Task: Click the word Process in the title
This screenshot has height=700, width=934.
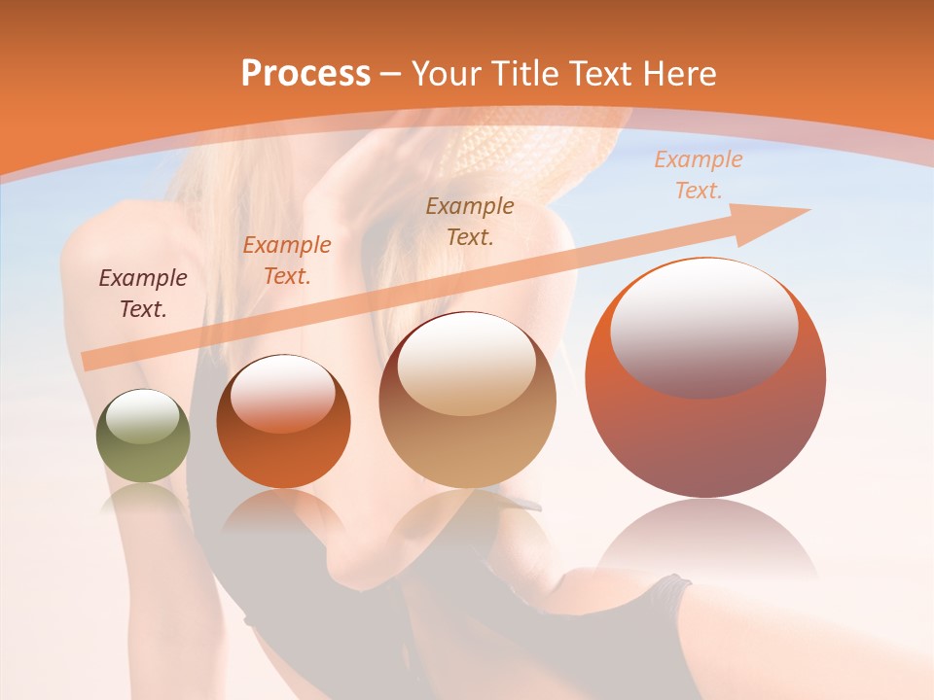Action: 305,74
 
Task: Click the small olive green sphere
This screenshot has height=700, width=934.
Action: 143,457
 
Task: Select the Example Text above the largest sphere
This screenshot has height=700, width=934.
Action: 698,175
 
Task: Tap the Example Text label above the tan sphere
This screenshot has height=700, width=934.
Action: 470,221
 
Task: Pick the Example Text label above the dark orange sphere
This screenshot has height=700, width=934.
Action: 287,260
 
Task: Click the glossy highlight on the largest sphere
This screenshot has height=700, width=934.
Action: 703,328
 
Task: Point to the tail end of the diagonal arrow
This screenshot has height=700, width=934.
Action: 90,362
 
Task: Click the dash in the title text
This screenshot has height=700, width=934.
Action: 390,74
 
